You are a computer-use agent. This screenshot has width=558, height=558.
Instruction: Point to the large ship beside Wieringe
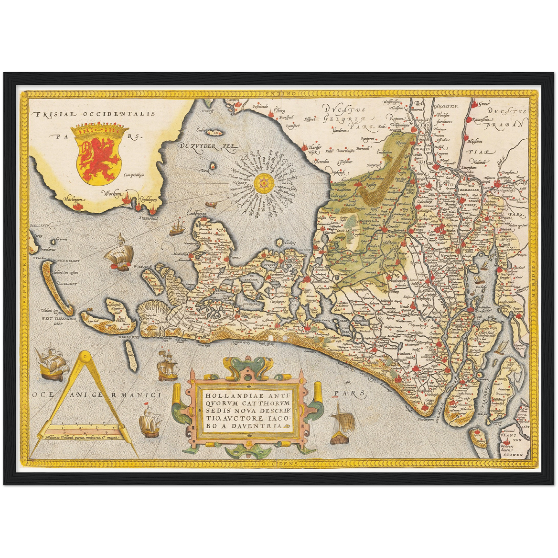tap(121, 255)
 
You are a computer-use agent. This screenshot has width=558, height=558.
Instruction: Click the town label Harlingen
tap(75, 199)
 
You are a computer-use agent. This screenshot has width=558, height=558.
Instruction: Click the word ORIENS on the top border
tap(277, 94)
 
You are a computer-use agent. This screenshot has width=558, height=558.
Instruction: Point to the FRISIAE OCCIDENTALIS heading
tap(94, 114)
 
